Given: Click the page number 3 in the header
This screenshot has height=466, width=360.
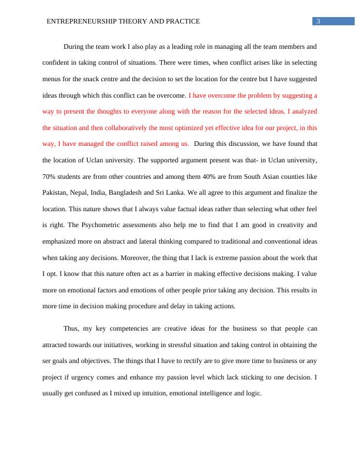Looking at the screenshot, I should coord(318,22).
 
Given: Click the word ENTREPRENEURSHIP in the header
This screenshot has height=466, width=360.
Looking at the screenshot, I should coord(81,22).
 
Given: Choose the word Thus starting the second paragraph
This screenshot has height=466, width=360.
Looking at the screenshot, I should coord(71,328).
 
